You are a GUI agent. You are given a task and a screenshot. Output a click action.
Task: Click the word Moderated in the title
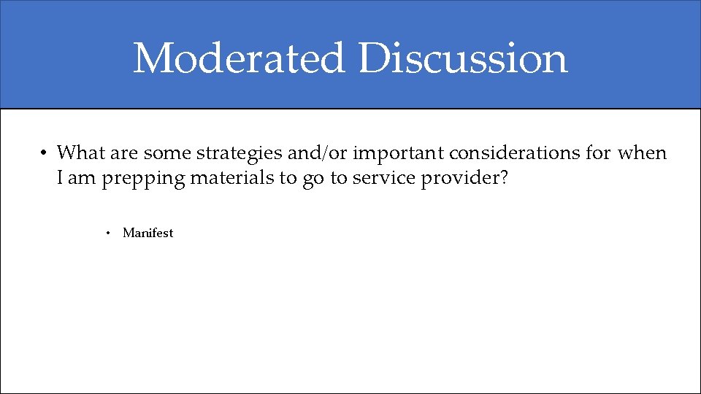tap(239, 58)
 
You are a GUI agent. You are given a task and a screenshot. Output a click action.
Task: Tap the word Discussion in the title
tap(463, 58)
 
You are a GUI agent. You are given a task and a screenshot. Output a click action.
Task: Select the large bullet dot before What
tap(44, 154)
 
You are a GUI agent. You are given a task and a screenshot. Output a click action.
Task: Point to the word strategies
tap(234, 153)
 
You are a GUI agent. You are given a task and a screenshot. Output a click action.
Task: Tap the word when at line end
tap(642, 153)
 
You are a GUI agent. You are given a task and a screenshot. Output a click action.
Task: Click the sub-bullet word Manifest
tap(148, 233)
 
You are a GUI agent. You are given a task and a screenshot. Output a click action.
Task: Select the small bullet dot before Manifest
tap(107, 233)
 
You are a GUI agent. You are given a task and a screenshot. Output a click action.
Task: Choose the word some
tap(167, 153)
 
